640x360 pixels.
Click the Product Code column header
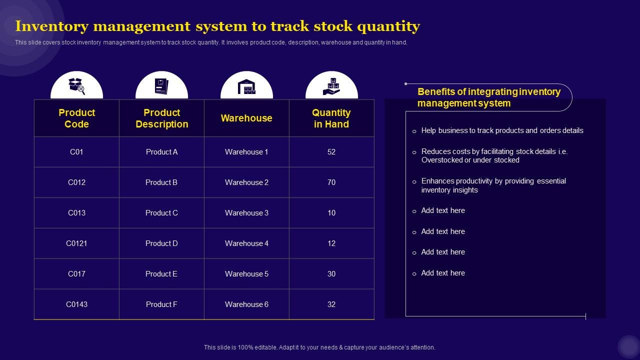pos(76,118)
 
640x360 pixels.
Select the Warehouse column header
pos(246,118)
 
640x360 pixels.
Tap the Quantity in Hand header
pos(331,118)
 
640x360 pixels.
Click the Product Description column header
pos(161,118)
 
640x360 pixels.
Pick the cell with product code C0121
pos(76,243)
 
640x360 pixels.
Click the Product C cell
pos(161,213)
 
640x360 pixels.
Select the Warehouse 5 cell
pos(246,274)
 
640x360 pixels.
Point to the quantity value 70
pos(331,182)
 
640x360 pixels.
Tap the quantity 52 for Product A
pos(331,152)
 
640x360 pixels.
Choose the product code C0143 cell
pos(76,304)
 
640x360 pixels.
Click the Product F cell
pos(161,304)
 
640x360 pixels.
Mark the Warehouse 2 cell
pos(246,182)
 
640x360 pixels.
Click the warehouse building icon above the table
pos(246,86)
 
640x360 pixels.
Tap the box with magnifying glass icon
pos(76,86)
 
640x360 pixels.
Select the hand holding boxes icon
pos(331,86)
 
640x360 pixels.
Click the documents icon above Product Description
pos(161,86)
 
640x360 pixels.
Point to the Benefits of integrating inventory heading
pos(488,97)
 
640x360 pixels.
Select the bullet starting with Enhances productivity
pos(493,185)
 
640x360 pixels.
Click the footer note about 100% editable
pos(319,347)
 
